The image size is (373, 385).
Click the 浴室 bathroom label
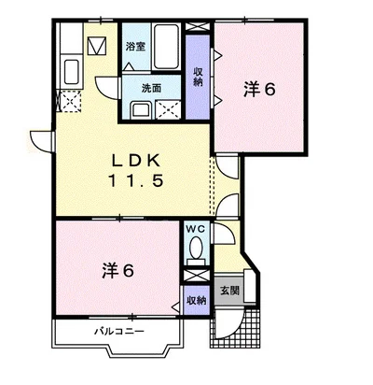[135, 47]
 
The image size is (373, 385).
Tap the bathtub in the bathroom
[166, 47]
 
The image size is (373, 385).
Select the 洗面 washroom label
[151, 89]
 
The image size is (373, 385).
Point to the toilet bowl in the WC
[196, 248]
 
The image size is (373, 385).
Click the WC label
[196, 229]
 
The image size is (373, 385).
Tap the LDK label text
[136, 161]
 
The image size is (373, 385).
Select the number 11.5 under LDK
[135, 180]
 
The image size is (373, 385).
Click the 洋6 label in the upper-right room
[259, 90]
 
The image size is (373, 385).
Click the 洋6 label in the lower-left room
[118, 270]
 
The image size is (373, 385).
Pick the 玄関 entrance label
[229, 291]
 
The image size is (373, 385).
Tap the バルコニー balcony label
[119, 331]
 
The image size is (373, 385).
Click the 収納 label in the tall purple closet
[199, 77]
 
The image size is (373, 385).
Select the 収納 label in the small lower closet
[197, 301]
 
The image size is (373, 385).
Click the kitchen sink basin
[72, 72]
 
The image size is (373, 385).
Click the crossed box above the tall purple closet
[198, 26]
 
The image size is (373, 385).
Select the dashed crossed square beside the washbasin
[168, 109]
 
